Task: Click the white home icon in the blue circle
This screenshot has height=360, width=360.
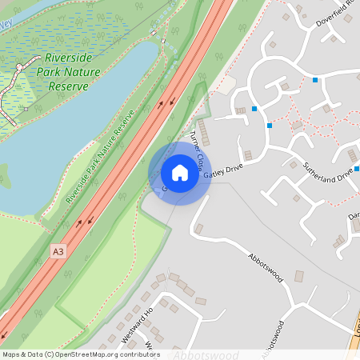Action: [179, 173]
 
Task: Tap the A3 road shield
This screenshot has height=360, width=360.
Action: [56, 250]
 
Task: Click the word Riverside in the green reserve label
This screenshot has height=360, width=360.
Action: [69, 58]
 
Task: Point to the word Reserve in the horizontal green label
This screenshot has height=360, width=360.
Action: [68, 85]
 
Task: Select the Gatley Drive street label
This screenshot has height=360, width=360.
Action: [222, 171]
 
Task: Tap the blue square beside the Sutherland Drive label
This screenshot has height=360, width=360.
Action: [357, 169]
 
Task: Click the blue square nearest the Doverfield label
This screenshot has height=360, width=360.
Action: [316, 80]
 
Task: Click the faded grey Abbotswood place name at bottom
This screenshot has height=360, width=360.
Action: [206, 354]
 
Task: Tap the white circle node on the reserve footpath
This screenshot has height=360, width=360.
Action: [18, 68]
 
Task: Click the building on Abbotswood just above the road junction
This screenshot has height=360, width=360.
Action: [299, 276]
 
